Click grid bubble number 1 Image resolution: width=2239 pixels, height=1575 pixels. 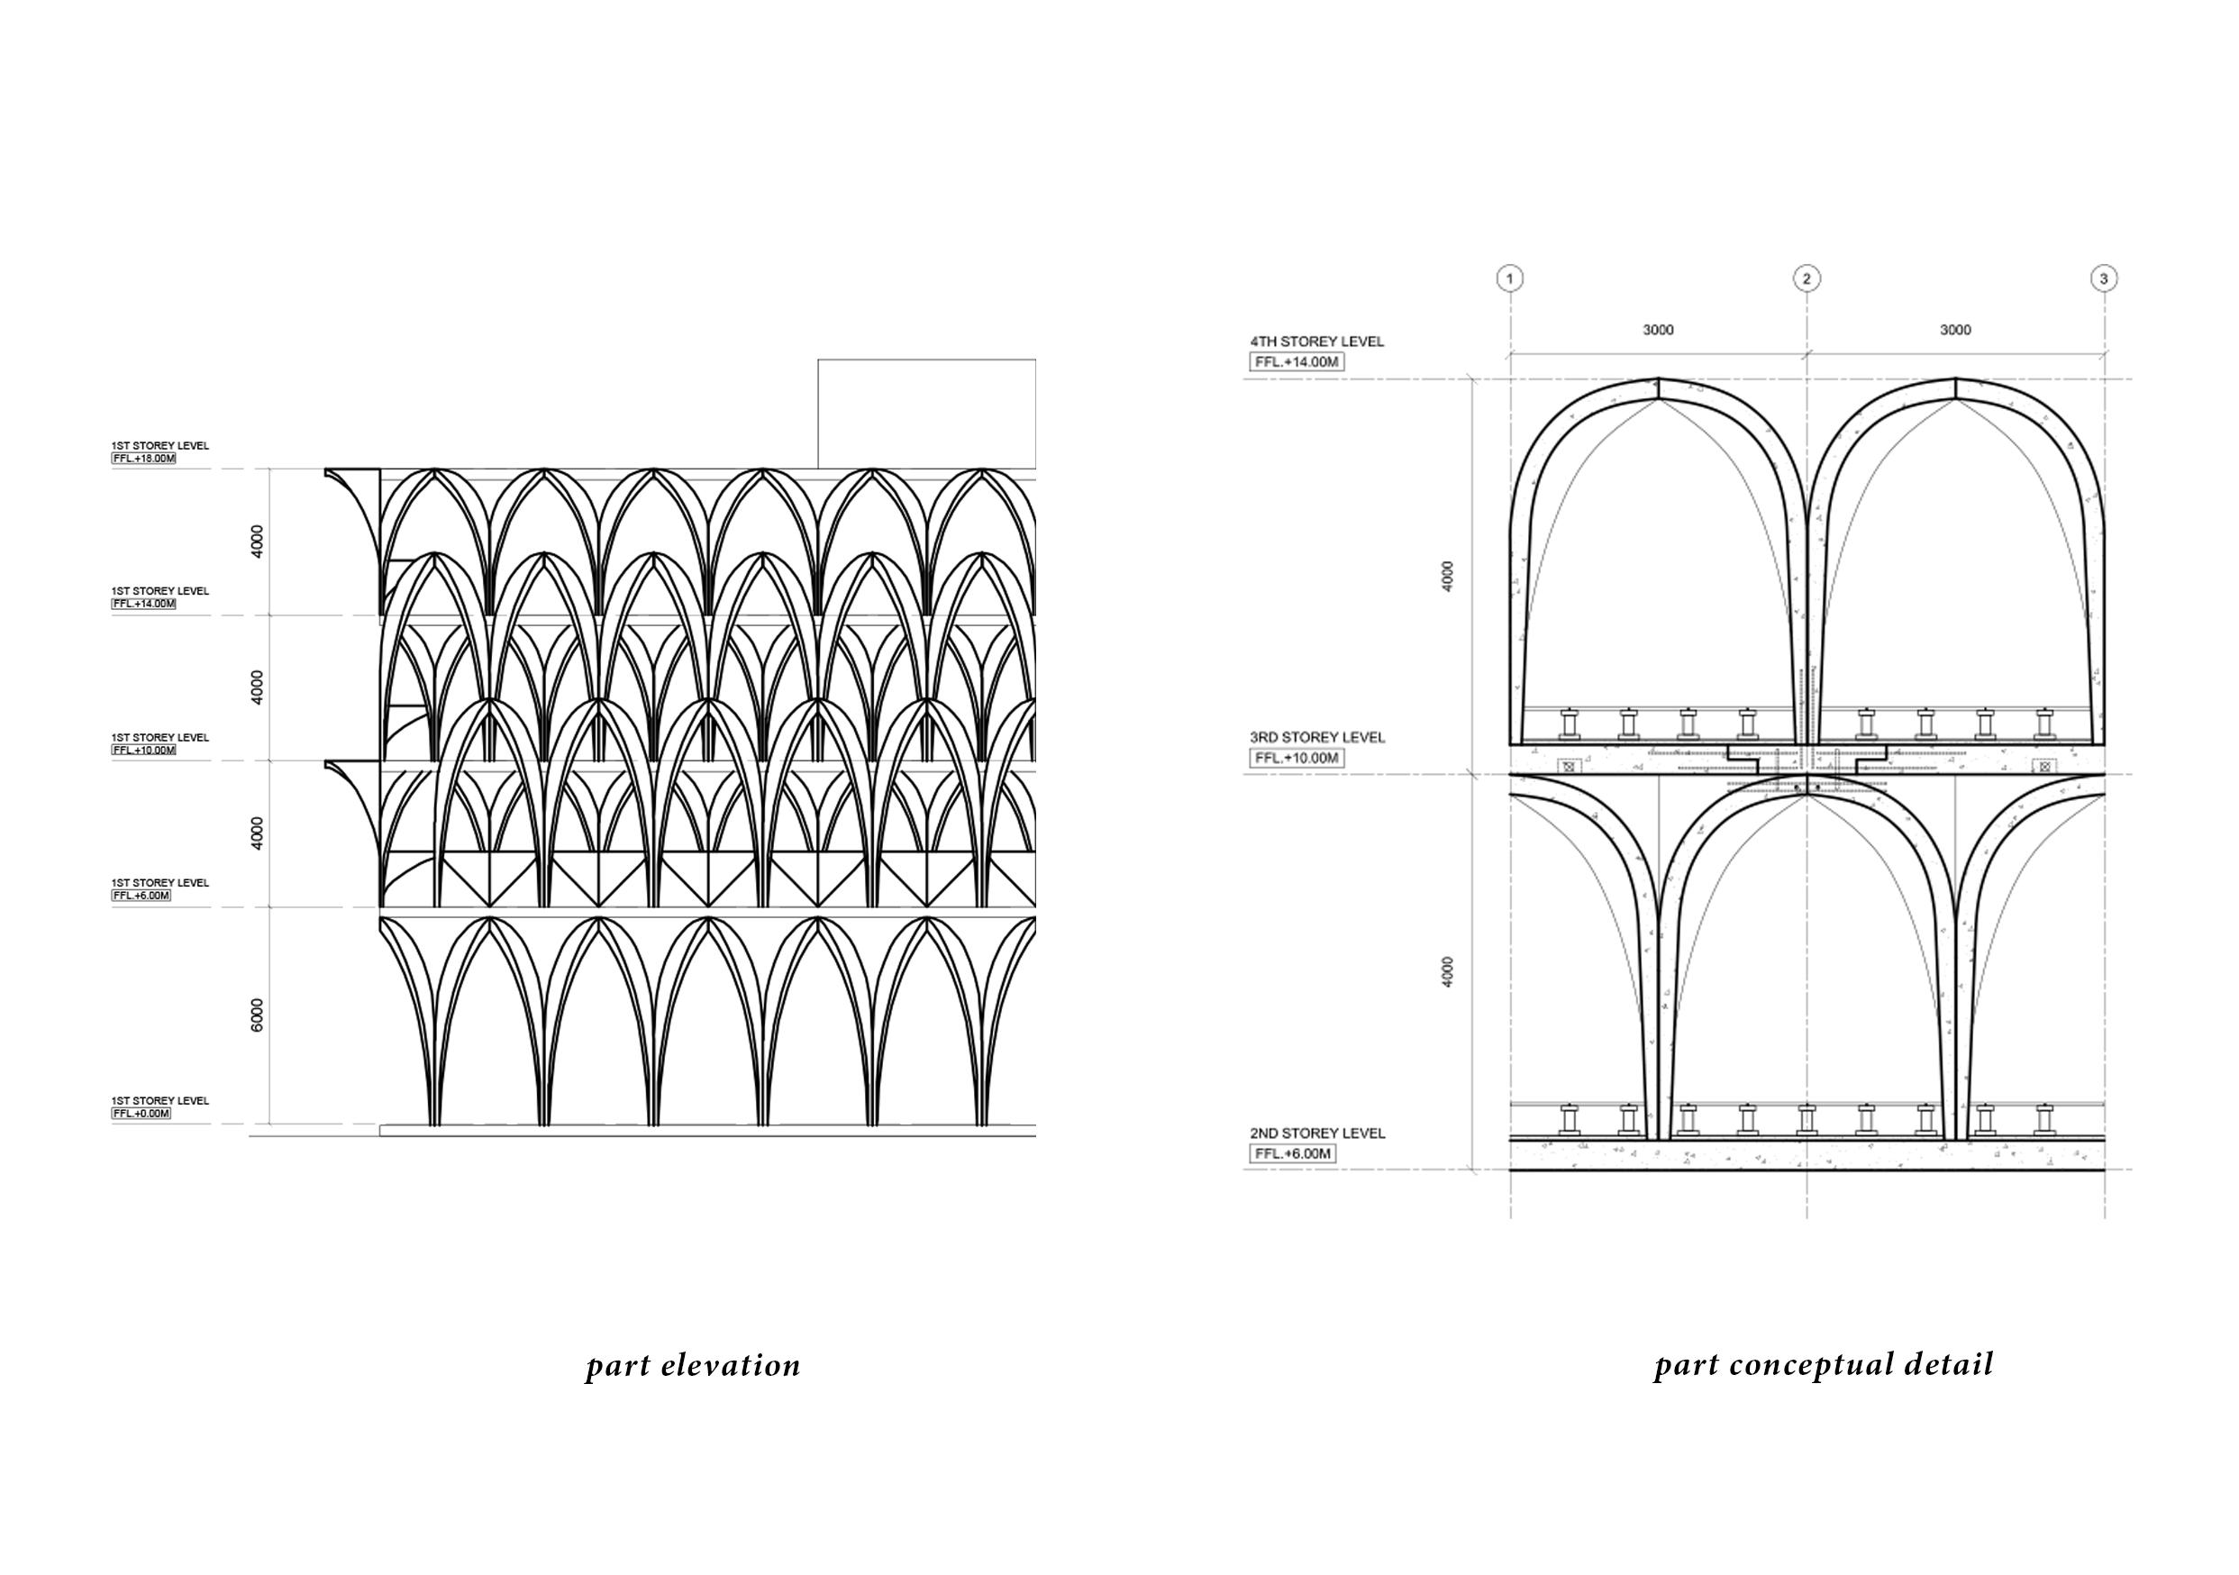tap(1509, 279)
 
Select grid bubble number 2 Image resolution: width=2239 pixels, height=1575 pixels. tap(1806, 279)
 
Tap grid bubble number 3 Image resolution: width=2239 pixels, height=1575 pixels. tap(2104, 279)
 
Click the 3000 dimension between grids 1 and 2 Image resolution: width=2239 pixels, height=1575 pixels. tap(1658, 330)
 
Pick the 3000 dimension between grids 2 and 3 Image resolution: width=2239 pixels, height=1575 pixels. tap(1955, 330)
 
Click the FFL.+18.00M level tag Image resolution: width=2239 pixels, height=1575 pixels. tap(144, 459)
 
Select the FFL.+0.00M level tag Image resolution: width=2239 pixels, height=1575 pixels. tap(141, 1113)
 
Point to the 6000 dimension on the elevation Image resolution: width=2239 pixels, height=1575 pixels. tap(258, 1015)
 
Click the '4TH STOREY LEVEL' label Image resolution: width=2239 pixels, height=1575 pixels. tap(1316, 342)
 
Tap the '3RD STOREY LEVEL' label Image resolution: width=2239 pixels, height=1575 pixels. tap(1316, 737)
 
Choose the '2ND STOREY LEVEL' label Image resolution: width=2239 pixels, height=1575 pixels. tap(1316, 1133)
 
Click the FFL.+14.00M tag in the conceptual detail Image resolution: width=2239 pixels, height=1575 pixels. tap(1297, 362)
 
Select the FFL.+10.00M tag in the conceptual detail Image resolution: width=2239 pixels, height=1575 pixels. tap(1297, 758)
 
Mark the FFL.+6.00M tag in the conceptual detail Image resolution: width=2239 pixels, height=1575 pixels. tap(1293, 1153)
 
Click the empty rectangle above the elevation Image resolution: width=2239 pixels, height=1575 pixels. tap(926, 414)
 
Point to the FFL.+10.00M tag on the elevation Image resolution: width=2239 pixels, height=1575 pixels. tap(144, 750)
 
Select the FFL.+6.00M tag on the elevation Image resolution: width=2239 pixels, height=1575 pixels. tap(141, 896)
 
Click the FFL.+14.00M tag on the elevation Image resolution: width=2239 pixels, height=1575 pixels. tap(144, 604)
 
